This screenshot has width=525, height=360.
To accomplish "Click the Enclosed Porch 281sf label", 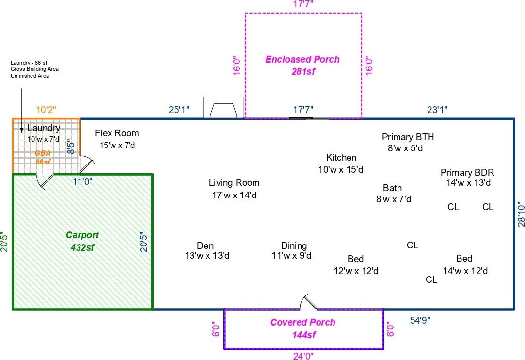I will pyautogui.click(x=302, y=65).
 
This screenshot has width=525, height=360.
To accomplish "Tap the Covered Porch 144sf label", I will pyautogui.click(x=302, y=328).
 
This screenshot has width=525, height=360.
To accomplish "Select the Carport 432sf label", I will pyautogui.click(x=82, y=241).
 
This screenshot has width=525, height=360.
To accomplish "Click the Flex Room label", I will pyautogui.click(x=117, y=139).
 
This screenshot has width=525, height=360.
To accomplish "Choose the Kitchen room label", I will pyautogui.click(x=341, y=163).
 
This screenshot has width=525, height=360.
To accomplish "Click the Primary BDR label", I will pyautogui.click(x=467, y=178).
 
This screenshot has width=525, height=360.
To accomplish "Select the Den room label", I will pyautogui.click(x=206, y=250).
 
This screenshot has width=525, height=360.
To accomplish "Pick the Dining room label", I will pyautogui.click(x=294, y=250).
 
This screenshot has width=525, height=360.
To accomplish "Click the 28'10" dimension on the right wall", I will pyautogui.click(x=521, y=214).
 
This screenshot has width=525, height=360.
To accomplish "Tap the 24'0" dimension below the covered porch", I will pyautogui.click(x=303, y=356).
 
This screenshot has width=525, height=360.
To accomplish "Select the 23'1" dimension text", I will pyautogui.click(x=437, y=110).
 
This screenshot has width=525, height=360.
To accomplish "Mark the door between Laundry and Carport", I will pyautogui.click(x=44, y=181).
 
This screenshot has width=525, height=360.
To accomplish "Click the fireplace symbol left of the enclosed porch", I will pyautogui.click(x=223, y=108).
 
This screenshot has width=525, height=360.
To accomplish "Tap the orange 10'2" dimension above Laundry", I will pyautogui.click(x=47, y=110).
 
